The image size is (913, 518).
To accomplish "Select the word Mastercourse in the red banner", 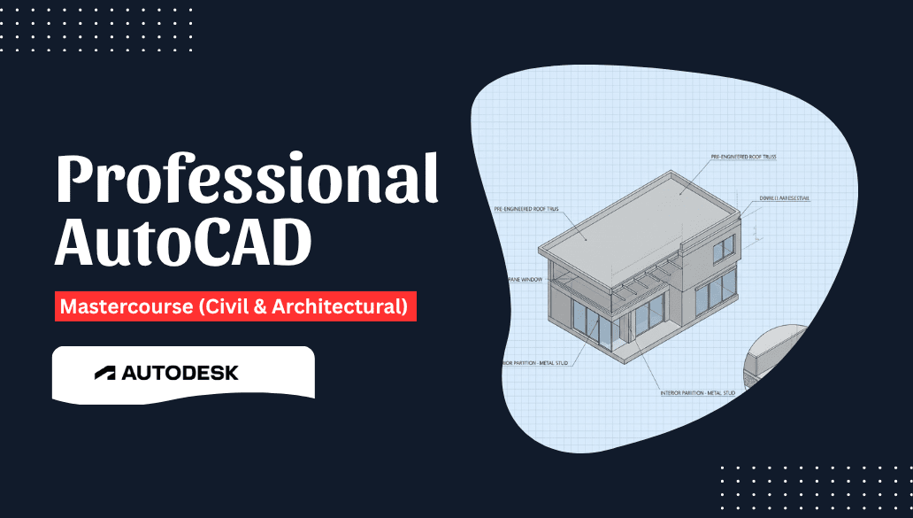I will tap(117, 307).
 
